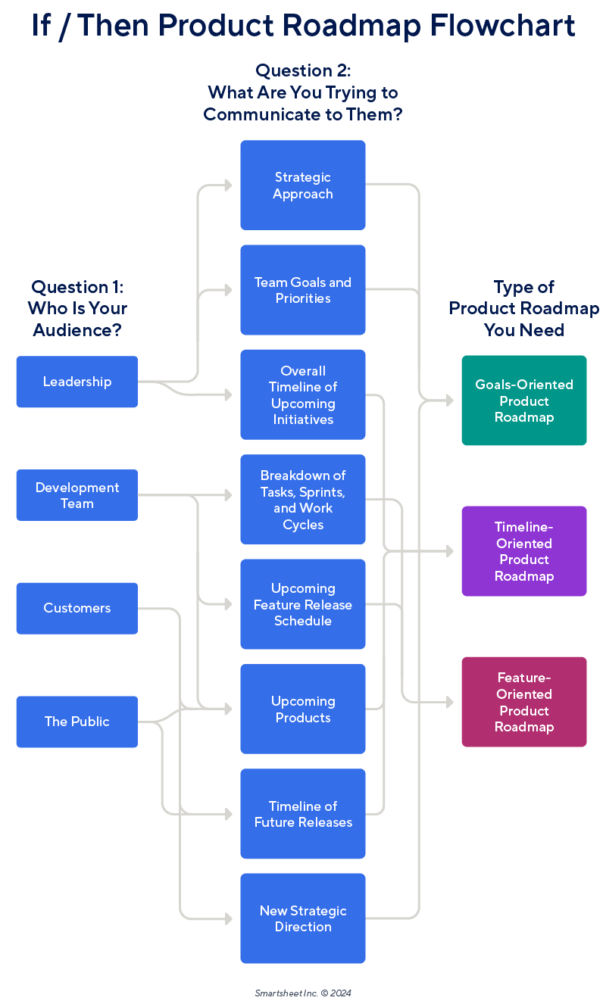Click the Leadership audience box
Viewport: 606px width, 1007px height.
77,382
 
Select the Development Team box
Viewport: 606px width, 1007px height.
77,495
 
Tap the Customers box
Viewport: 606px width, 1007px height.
77,608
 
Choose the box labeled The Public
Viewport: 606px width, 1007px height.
77,722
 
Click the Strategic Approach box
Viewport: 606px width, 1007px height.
303,185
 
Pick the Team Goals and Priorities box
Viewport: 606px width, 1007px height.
303,290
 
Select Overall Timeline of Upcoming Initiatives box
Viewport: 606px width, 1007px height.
303,394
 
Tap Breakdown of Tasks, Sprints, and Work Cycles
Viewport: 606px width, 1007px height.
303,499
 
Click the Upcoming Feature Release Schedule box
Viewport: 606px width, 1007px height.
303,604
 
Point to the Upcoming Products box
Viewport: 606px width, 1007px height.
303,709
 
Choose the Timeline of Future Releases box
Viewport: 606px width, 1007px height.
303,814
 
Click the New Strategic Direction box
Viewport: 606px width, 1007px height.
303,918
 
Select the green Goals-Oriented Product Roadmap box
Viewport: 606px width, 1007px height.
524,401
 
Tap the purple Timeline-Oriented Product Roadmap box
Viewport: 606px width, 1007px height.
524,551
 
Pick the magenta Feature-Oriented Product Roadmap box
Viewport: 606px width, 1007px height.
524,702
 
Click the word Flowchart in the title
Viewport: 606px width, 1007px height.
502,26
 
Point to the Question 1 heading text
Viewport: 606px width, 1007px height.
77,308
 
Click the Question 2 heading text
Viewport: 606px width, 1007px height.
303,92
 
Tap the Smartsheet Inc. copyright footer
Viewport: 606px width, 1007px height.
303,993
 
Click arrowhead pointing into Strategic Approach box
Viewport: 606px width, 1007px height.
229,185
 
